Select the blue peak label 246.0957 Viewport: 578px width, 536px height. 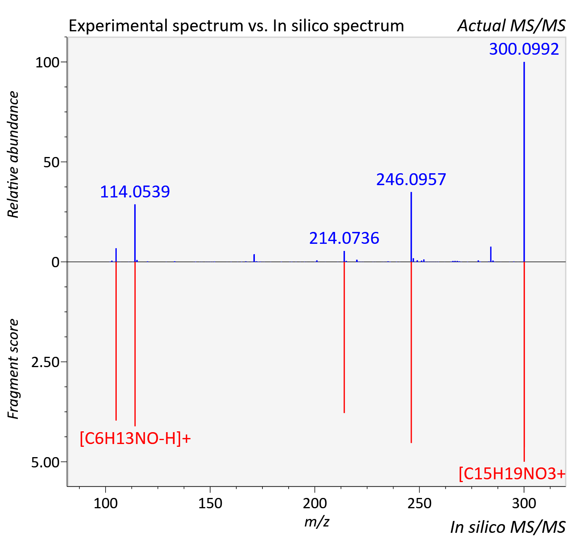[411, 179]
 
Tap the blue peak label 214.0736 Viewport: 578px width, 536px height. [344, 238]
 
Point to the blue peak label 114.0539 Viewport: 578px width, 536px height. [135, 192]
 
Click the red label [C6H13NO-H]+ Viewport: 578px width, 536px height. [135, 438]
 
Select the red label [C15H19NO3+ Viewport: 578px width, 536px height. [512, 474]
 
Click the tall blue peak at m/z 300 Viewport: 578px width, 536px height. [524, 162]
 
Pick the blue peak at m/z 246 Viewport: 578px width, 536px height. [411, 227]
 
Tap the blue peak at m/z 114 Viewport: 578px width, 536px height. [135, 233]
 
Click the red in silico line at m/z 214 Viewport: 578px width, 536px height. [344, 337]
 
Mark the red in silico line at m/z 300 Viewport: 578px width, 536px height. [524, 362]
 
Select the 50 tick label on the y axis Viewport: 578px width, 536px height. [52, 162]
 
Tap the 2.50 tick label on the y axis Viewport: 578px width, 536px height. [45, 362]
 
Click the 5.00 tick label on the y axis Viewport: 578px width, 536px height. [45, 462]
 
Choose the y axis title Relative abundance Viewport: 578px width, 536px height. [13, 154]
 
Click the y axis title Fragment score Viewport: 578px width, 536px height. [13, 369]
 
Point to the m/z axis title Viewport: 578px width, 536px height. [317, 521]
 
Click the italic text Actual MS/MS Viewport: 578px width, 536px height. [511, 26]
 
